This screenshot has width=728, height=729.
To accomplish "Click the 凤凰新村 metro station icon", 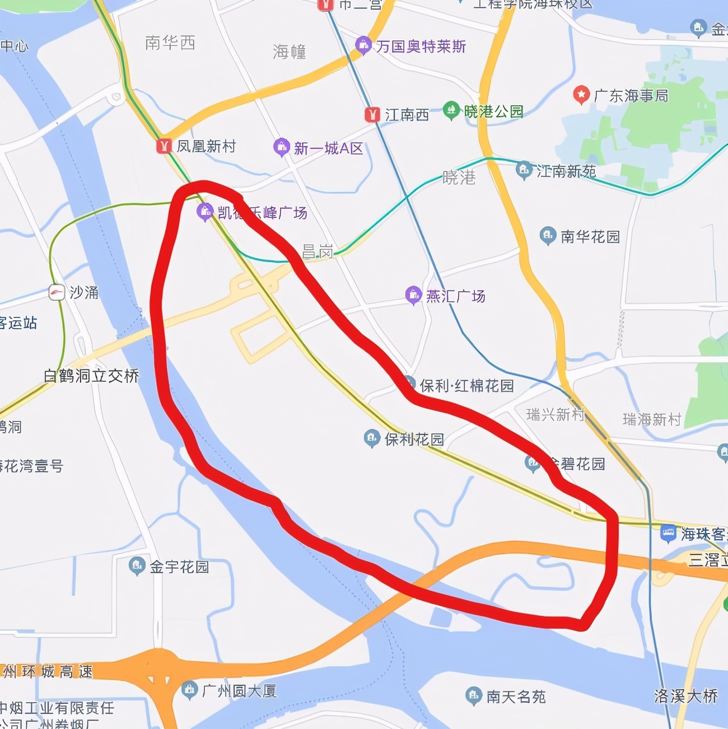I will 164,146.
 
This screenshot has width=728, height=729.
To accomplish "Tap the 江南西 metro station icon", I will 372,115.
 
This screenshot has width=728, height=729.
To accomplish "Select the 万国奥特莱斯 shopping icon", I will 363,45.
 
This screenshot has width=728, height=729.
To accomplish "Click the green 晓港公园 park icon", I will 451,110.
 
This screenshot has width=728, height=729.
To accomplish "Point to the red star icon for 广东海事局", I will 581,95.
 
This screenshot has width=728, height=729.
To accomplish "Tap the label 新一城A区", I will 328,148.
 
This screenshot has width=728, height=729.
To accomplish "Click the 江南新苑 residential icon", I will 524,170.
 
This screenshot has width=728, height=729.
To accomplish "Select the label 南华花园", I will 590,237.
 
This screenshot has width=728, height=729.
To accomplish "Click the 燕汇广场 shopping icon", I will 413,295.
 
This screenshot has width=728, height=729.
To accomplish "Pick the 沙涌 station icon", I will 57,292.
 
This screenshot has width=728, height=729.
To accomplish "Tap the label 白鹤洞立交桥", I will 91,376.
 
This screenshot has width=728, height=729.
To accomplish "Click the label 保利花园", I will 414,440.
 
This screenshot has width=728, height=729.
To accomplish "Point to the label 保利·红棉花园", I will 466,386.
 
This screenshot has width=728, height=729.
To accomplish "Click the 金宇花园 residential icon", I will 137,566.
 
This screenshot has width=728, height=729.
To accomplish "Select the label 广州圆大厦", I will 239,691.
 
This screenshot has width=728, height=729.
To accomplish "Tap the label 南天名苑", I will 516,697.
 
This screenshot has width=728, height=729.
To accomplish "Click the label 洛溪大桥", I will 686,696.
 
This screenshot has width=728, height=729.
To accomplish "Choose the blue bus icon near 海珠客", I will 668,533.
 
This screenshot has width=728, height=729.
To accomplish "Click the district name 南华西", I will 170,43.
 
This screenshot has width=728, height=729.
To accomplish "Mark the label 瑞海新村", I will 652,419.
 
